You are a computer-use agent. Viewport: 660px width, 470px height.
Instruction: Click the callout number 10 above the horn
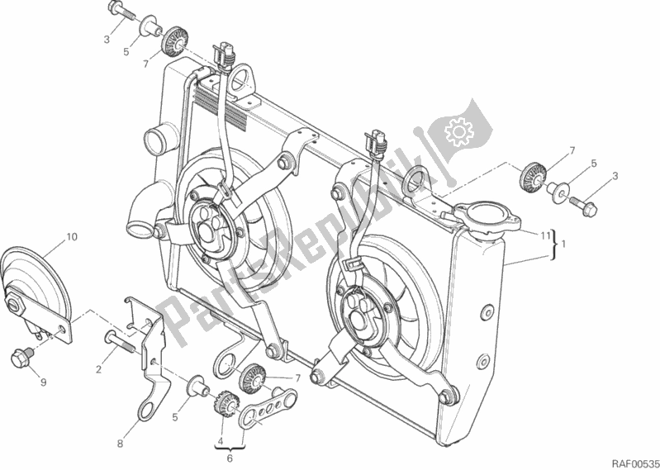point(72,238)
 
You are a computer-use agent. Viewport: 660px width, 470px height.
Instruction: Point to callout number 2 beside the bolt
point(97,369)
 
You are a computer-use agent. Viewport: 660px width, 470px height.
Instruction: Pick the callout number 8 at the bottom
point(120,444)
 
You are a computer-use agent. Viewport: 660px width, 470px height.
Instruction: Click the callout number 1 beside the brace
point(563,244)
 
